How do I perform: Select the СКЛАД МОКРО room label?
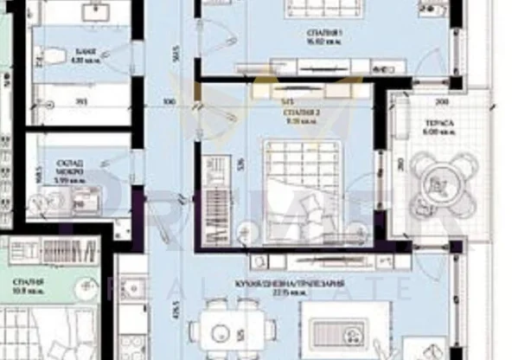point(70,165)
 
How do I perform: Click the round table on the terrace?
point(438,183)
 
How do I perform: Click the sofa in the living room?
point(338,334)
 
